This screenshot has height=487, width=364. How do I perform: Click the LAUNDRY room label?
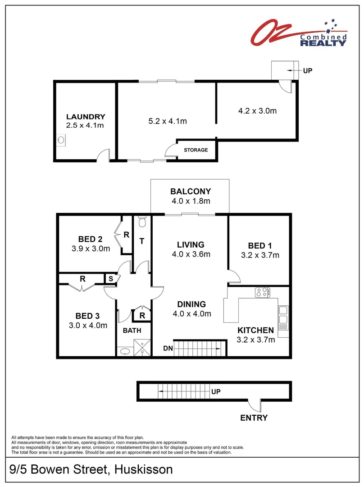[x=85, y=116]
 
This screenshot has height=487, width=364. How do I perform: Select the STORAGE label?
[x=196, y=150]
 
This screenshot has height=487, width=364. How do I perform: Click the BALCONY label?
[x=190, y=191]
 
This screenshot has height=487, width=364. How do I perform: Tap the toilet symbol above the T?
[x=142, y=222]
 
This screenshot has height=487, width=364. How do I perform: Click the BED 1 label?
[x=260, y=246]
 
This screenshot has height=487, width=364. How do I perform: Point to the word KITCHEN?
[x=255, y=330]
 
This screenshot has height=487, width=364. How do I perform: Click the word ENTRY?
[x=254, y=418]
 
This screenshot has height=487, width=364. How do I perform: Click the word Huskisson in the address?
[x=144, y=469]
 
